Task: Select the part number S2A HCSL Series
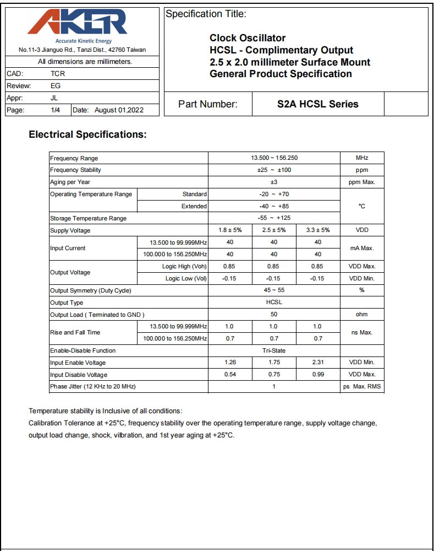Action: (317, 104)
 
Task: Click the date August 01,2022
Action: (119, 110)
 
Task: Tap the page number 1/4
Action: (56, 110)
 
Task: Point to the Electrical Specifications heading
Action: (87, 134)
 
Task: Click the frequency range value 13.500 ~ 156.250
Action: (274, 158)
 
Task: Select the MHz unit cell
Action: (362, 158)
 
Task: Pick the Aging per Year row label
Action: (70, 182)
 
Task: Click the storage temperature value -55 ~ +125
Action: (274, 218)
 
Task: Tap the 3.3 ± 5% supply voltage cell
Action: (317, 230)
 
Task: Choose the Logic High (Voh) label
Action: (184, 266)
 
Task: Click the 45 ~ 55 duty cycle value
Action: (274, 290)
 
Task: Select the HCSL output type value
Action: (274, 302)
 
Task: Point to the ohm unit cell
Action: (362, 315)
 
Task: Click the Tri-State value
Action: (274, 350)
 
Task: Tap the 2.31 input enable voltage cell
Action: (317, 363)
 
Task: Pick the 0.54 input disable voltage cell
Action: (230, 375)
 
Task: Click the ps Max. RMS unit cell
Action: (362, 387)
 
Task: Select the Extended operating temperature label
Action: (194, 206)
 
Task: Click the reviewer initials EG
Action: (56, 85)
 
